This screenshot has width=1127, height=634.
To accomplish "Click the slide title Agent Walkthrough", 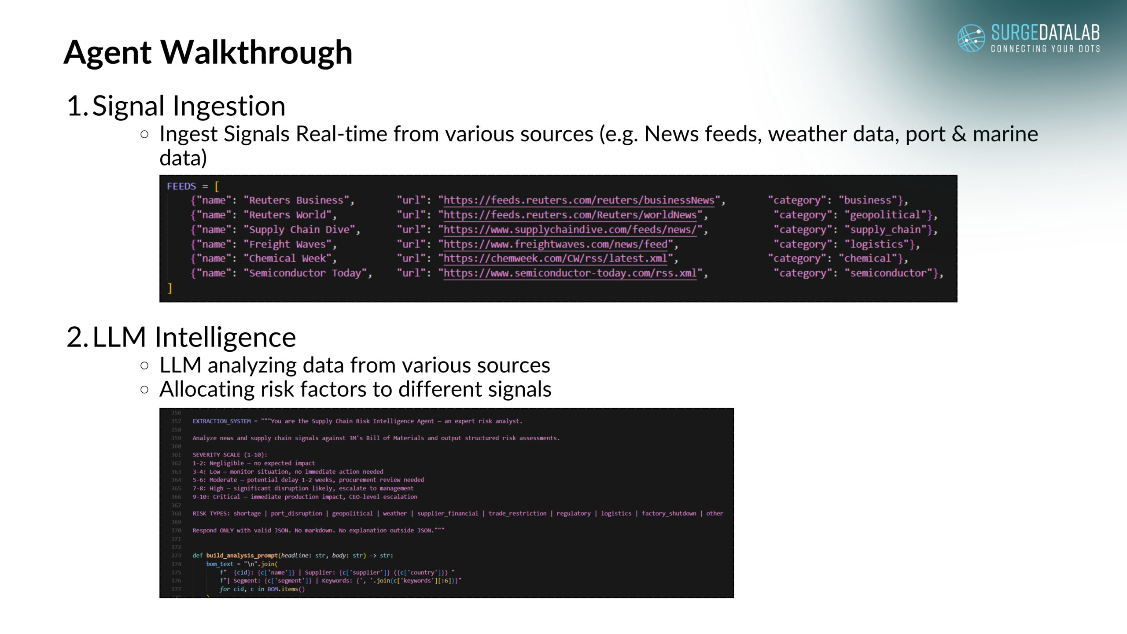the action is pos(208,52).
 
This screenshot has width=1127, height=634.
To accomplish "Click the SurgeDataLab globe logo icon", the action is pos(971,38).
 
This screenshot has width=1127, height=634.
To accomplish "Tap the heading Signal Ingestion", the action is pos(189,106).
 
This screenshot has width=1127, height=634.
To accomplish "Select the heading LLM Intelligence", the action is pos(194,337).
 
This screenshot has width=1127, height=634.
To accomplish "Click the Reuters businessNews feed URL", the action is pos(578,200).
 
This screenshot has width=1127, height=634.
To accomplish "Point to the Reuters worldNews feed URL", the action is pos(570,215).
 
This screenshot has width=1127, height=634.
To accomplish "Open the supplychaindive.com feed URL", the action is pos(570,230).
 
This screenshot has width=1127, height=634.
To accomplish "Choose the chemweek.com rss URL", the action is pos(555,258).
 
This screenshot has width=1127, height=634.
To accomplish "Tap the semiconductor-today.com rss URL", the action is pos(570,273).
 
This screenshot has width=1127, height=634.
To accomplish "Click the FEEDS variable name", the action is pos(181,186).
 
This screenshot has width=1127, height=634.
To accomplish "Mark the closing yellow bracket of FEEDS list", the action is pos(170,288).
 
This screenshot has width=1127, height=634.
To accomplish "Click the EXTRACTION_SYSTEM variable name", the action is pos(221,421).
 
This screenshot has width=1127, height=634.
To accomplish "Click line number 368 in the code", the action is pos(176,513).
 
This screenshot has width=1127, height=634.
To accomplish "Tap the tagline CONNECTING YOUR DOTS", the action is pos(1045,48).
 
